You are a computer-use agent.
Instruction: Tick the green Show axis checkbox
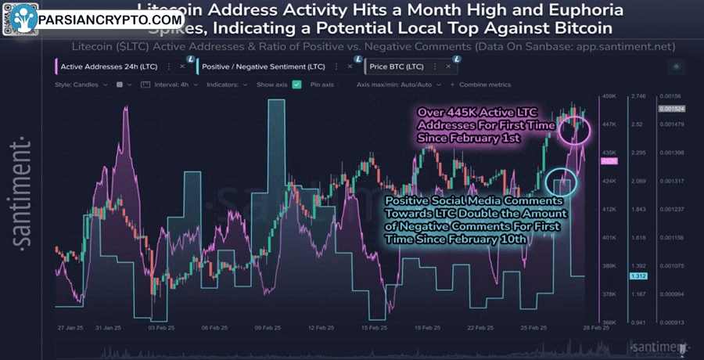(x=296, y=84)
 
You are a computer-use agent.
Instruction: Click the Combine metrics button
(x=485, y=84)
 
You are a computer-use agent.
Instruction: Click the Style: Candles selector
(x=81, y=84)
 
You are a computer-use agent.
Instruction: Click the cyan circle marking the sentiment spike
(x=561, y=181)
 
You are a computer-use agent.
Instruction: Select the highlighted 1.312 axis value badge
(x=638, y=277)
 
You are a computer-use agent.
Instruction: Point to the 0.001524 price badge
(x=672, y=109)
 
